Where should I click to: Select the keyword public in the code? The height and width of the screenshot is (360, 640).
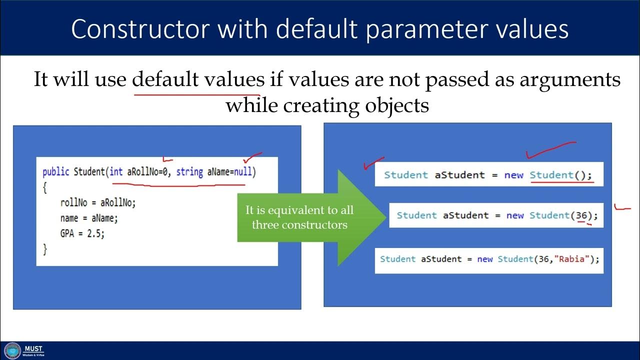(x=56, y=172)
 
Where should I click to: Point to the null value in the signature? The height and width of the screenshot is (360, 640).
(x=243, y=172)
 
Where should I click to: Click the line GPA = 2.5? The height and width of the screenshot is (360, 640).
(x=82, y=233)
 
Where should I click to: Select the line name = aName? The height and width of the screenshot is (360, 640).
(x=88, y=218)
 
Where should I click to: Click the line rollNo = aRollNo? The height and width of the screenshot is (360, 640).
(x=97, y=202)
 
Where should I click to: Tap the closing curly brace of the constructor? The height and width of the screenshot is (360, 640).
(x=45, y=248)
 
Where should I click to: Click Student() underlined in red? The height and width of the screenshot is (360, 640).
(x=560, y=175)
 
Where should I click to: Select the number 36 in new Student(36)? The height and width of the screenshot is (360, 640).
(x=581, y=215)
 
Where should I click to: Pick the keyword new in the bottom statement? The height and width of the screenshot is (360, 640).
(x=484, y=259)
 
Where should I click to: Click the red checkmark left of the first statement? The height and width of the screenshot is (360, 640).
(x=373, y=163)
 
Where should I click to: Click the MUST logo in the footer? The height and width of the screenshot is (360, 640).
(x=12, y=350)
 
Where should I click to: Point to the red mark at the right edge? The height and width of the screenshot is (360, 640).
(x=622, y=207)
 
